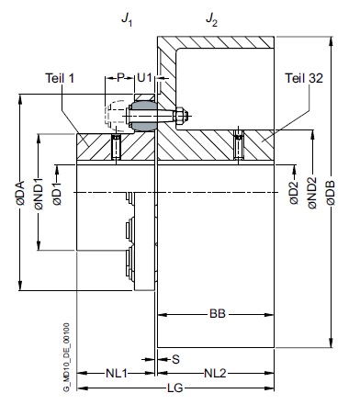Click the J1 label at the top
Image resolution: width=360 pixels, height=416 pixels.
(127, 20)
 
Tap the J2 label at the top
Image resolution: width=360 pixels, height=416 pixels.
(211, 20)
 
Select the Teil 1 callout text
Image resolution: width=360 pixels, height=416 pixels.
(60, 78)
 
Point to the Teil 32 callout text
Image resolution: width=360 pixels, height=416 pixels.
(304, 78)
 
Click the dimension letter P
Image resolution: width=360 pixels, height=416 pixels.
(120, 78)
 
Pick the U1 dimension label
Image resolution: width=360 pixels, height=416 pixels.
(144, 78)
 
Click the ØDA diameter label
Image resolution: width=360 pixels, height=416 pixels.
(21, 193)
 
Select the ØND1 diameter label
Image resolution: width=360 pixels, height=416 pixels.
(39, 194)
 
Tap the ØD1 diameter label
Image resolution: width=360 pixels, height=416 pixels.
(57, 194)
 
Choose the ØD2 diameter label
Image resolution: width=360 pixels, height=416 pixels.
(294, 193)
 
